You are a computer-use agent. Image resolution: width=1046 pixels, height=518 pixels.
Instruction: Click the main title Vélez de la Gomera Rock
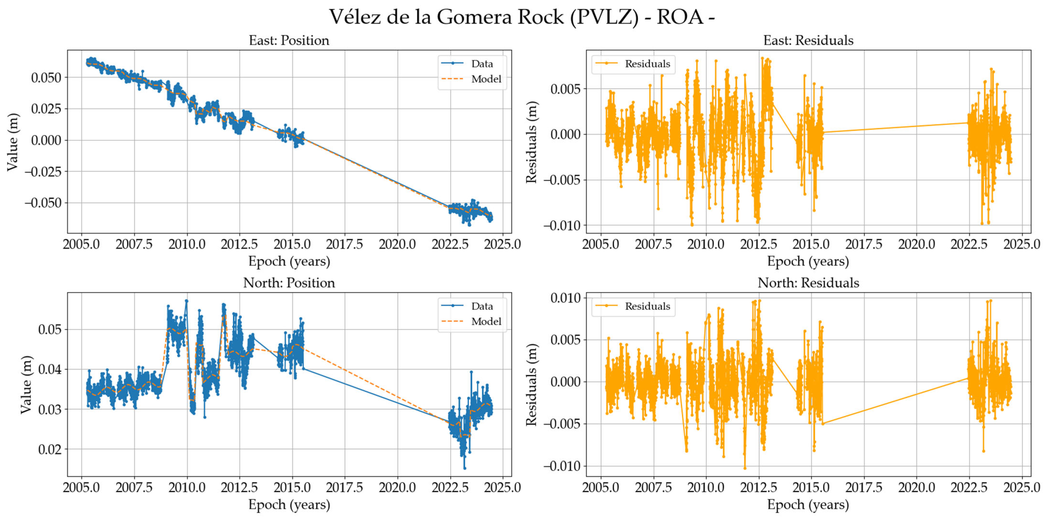(521, 17)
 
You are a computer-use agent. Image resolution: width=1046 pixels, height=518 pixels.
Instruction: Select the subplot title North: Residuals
(808, 283)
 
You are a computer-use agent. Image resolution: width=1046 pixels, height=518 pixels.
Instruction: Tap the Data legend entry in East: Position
(481, 64)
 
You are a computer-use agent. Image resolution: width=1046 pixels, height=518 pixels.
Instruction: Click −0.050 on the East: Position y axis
(43, 203)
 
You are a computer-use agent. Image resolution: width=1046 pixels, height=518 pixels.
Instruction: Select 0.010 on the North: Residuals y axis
(566, 298)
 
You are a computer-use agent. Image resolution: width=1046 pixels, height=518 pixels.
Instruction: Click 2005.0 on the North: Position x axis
(81, 487)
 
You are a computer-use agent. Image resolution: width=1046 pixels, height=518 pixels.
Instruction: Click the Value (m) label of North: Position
(26, 384)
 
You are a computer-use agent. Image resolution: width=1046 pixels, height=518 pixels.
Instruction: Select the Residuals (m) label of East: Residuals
(531, 142)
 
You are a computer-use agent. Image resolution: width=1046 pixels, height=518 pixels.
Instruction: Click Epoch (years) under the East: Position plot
(289, 262)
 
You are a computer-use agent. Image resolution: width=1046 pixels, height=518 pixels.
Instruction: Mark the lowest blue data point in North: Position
(464, 468)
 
